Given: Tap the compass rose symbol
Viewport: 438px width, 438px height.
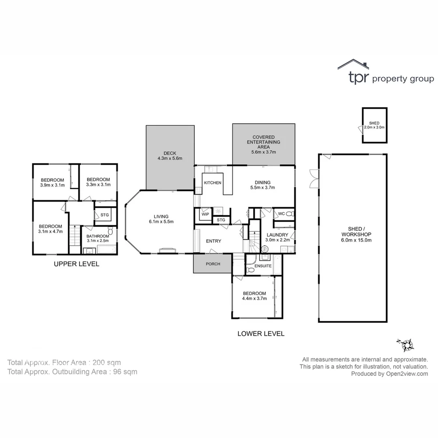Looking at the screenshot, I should pyautogui.click(x=406, y=345).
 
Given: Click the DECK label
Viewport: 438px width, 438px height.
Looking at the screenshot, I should pyautogui.click(x=170, y=153).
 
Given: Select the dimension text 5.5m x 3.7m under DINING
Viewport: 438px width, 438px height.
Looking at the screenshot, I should pyautogui.click(x=263, y=188).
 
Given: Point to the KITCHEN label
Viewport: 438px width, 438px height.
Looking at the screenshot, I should pyautogui.click(x=213, y=183).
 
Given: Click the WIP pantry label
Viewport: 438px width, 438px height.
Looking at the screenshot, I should pyautogui.click(x=205, y=214).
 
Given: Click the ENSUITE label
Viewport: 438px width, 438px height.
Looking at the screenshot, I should pyautogui.click(x=263, y=266).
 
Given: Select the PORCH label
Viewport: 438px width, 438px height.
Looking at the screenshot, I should pyautogui.click(x=213, y=264).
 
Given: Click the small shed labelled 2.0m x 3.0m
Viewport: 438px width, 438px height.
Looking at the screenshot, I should pyautogui.click(x=374, y=125).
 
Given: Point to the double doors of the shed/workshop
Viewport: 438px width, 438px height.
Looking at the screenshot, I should pyautogui.click(x=314, y=178).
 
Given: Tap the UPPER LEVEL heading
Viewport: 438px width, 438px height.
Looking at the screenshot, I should pyautogui.click(x=77, y=264).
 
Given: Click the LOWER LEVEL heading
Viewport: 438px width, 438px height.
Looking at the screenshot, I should pyautogui.click(x=261, y=334).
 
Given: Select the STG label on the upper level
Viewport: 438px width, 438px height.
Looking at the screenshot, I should pyautogui.click(x=105, y=215).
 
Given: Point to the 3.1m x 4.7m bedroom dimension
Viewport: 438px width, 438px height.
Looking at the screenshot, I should pyautogui.click(x=50, y=232).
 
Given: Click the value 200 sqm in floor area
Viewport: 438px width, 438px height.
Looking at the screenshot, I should pyautogui.click(x=107, y=363).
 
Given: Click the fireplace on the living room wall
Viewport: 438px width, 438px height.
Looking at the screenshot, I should pyautogui.click(x=167, y=250).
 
